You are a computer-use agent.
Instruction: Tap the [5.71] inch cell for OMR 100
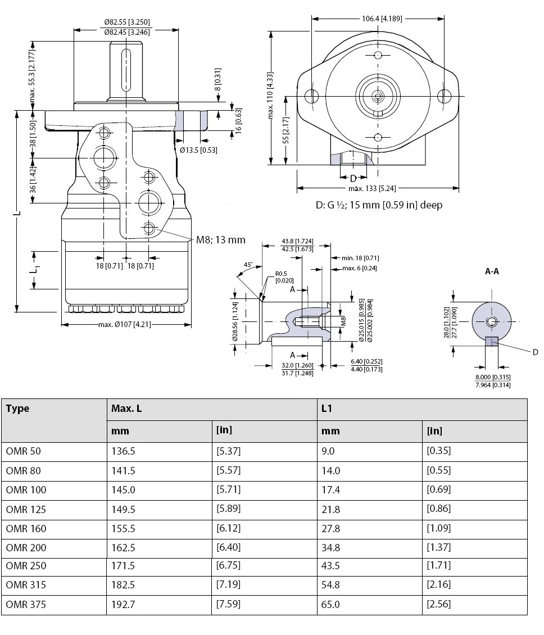click(x=228, y=490)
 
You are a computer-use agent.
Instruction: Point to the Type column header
click(x=17, y=409)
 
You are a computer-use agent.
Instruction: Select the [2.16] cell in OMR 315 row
click(x=438, y=585)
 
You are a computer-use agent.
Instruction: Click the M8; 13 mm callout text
click(x=221, y=240)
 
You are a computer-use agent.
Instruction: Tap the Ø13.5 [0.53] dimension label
click(x=199, y=150)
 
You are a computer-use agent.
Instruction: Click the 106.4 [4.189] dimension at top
click(x=382, y=19)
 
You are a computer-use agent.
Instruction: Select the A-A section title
click(x=492, y=271)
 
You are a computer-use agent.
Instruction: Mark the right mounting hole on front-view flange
click(x=447, y=96)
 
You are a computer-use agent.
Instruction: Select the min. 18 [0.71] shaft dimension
click(x=360, y=258)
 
